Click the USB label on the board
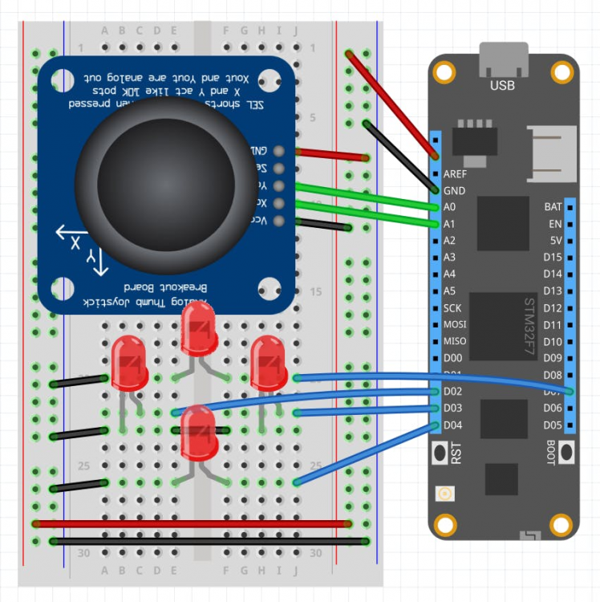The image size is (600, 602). pyautogui.click(x=502, y=84)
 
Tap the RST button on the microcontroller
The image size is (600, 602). pyautogui.click(x=440, y=454)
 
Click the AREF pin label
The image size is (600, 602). pyautogui.click(x=455, y=173)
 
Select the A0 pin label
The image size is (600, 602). pyautogui.click(x=449, y=207)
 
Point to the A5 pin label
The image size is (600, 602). pyautogui.click(x=449, y=291)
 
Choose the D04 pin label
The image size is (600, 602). pyautogui.click(x=452, y=425)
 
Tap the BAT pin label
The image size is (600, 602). pyautogui.click(x=553, y=207)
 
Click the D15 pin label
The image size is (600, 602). pyautogui.click(x=552, y=258)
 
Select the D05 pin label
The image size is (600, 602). pyautogui.click(x=552, y=425)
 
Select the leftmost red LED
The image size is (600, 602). pyautogui.click(x=128, y=364)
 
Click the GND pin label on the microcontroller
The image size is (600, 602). pyautogui.click(x=454, y=191)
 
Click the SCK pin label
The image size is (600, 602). pyautogui.click(x=452, y=308)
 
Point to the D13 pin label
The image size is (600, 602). pyautogui.click(x=552, y=291)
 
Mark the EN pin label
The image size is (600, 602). pyautogui.click(x=554, y=224)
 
